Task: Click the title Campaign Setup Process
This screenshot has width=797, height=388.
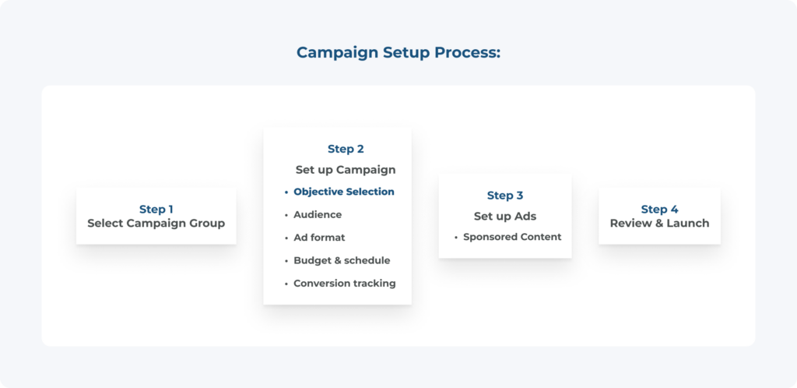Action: tap(398, 53)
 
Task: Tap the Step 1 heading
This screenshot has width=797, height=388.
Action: tap(156, 210)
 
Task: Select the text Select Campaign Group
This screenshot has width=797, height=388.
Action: tap(156, 224)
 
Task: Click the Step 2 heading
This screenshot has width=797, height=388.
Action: tap(346, 149)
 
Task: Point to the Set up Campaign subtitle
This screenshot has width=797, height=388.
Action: tap(346, 170)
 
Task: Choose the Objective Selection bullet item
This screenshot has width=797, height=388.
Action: tap(344, 192)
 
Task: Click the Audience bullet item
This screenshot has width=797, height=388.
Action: tap(318, 214)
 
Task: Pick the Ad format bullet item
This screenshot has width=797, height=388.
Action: tap(319, 238)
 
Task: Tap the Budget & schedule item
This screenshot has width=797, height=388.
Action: tap(342, 260)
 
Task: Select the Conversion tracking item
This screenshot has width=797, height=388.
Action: tap(345, 284)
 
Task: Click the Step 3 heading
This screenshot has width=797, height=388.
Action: tap(505, 196)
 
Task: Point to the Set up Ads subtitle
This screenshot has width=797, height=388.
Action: tap(505, 217)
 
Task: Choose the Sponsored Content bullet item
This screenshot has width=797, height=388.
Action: tap(512, 237)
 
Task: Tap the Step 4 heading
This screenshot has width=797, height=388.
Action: tap(660, 210)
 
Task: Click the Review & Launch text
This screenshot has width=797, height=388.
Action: tap(660, 224)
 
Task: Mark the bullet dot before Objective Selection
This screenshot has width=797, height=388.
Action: tap(286, 192)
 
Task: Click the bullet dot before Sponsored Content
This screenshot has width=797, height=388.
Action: tap(456, 238)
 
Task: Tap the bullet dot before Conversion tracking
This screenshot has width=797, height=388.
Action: tap(286, 284)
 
